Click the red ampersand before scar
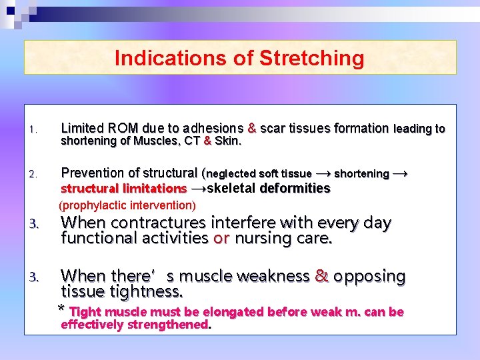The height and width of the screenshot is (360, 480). (252, 128)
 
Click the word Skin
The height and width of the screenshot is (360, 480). (228, 141)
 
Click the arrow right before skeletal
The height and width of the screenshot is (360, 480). (199, 189)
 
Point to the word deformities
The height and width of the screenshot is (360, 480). (295, 189)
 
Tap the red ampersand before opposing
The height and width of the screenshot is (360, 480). (322, 276)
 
